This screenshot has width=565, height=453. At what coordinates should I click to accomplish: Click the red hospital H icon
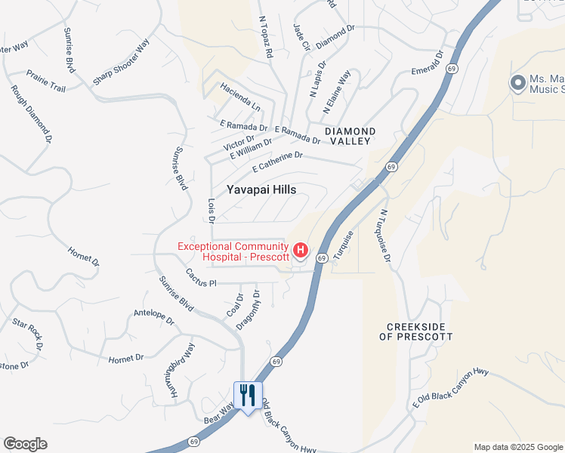tap(301, 250)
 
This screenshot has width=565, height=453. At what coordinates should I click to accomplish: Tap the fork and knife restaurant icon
tap(247, 395)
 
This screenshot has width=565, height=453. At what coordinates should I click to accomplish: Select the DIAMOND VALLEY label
tap(348, 136)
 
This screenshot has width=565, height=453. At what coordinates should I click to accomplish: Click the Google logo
tap(25, 444)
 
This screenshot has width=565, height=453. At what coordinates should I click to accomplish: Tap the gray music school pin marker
tap(517, 82)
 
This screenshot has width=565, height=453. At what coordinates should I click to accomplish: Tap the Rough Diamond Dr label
tap(32, 114)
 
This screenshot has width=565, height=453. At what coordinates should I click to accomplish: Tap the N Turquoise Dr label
tap(386, 236)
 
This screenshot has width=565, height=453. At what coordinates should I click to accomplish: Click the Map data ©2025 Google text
tap(518, 447)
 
